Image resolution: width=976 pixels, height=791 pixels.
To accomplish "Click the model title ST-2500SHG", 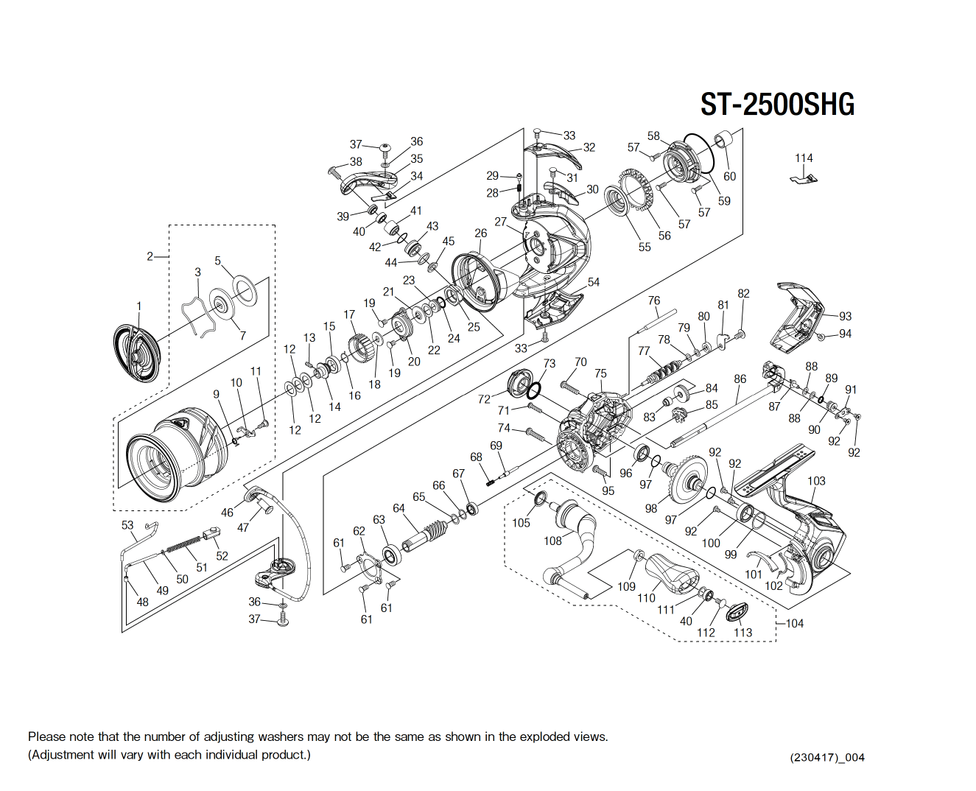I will tap(777, 105).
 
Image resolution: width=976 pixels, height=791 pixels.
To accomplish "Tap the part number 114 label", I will tap(804, 158).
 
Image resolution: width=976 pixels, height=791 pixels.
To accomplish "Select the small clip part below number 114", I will tap(804, 178).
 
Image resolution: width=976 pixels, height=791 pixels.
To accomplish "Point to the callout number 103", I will tap(816, 481).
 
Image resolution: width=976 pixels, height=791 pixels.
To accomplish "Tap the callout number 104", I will tap(795, 623).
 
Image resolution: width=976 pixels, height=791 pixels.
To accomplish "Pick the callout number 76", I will tap(654, 300).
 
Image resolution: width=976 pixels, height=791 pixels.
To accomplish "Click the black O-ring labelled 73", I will tap(536, 390).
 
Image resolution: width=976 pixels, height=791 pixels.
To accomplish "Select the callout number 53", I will tap(127, 525).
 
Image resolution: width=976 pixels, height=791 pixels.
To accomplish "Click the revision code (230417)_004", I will tap(827, 758).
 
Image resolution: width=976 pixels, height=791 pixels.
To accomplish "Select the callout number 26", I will tap(481, 233).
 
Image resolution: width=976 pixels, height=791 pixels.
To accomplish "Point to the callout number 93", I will tap(845, 316).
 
